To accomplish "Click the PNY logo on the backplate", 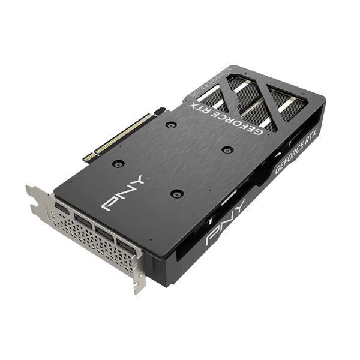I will (x=124, y=193).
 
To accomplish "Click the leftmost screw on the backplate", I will (x=118, y=163).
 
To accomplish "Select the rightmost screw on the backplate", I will (x=226, y=149).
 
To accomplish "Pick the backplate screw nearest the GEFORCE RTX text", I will (x=171, y=125).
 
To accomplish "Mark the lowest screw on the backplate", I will (x=176, y=193).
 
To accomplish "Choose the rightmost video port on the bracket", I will (x=127, y=245).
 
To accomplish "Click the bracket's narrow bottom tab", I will (x=139, y=282).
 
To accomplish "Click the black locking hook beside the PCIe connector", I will (x=159, y=111).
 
